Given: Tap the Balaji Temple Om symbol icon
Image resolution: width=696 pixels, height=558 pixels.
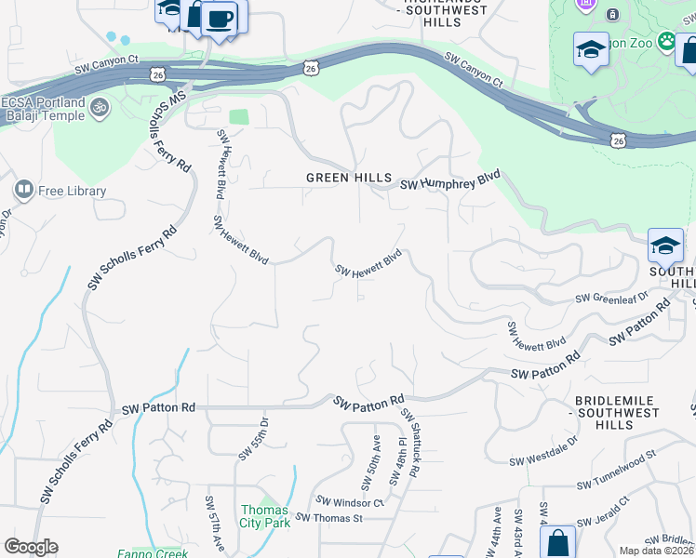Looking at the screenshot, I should pos(99,108).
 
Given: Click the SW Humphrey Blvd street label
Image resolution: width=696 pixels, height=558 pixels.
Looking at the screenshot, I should pos(451,180).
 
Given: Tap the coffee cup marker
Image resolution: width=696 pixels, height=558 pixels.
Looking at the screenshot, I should pos(220,19).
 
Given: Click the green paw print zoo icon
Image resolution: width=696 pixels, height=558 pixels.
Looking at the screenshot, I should pos(666,41).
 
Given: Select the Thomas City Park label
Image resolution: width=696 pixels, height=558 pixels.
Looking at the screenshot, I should pos(265,516).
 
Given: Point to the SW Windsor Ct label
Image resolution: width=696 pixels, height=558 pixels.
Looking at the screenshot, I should pos(350,502).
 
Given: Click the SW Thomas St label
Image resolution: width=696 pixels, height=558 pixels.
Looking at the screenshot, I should pos(328,518).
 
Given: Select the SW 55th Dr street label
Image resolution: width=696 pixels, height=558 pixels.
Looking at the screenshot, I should pos(253,438).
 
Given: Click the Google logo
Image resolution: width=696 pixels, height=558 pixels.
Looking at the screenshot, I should pos(31,547).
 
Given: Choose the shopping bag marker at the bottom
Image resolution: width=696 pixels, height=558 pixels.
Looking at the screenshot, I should pos(557,542).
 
